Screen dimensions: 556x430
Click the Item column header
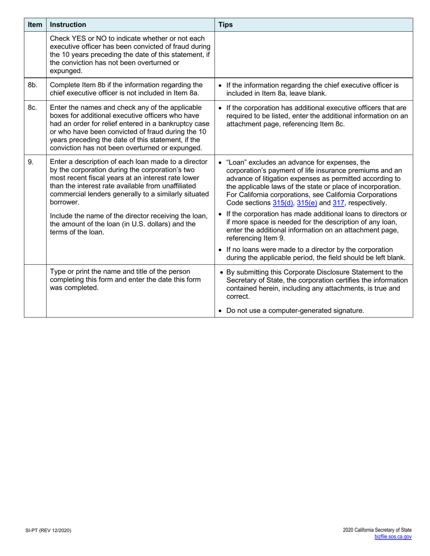tap(35, 24)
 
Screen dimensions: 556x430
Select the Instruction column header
tap(68, 24)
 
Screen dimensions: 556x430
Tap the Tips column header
tap(225, 24)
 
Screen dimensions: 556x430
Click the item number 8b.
tap(33, 85)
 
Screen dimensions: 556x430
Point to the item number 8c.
tap(33, 108)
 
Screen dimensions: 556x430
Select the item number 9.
tap(31, 162)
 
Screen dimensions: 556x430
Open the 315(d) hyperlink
tap(283, 203)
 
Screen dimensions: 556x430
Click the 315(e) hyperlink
tap(307, 203)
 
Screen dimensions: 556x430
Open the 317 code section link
tap(339, 203)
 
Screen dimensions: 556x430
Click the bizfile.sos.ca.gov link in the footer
tap(393, 537)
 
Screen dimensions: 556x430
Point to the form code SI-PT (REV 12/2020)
tap(48, 530)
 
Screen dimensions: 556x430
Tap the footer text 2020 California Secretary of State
tap(377, 530)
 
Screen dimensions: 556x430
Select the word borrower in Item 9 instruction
tap(64, 202)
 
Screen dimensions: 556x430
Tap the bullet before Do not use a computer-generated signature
tap(220, 311)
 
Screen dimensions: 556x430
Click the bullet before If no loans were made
tap(220, 250)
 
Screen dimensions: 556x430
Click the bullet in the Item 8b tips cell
tap(220, 85)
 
